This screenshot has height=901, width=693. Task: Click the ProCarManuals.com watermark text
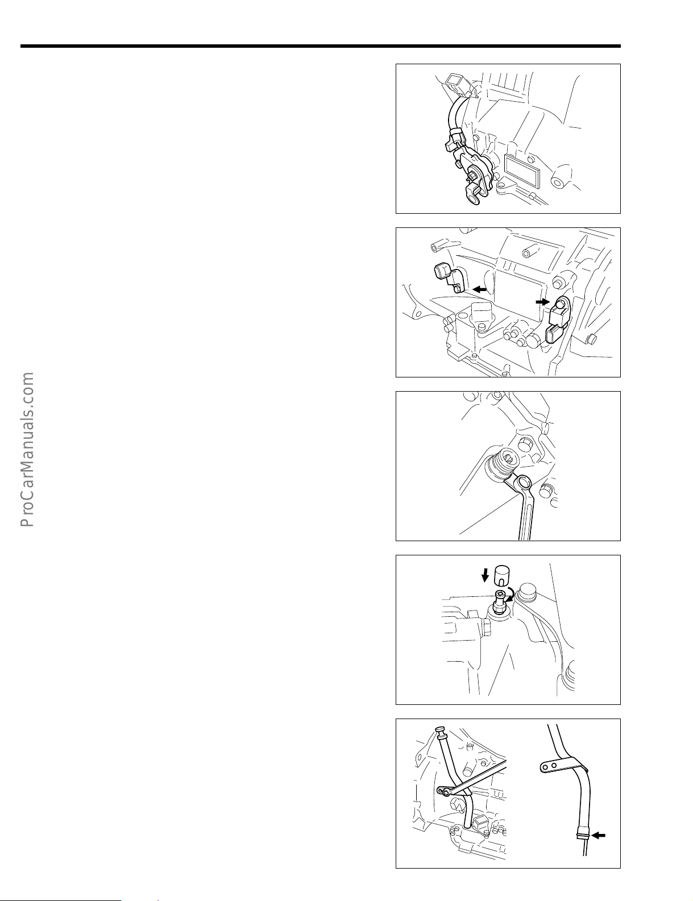[x=27, y=450]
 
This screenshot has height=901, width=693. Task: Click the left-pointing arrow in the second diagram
[x=480, y=289]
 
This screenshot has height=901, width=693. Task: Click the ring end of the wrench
[x=524, y=483]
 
